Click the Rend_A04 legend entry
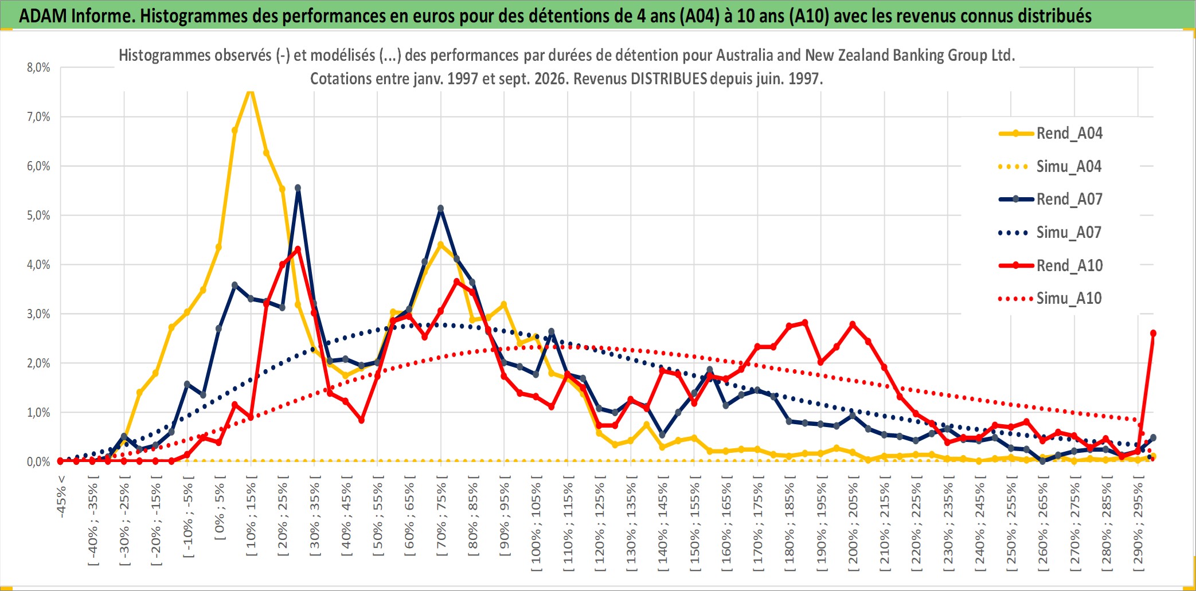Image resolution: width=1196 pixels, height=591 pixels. coord(1050,134)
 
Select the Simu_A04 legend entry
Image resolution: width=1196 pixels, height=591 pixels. coord(1050,167)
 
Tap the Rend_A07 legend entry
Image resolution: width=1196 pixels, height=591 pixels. coord(1050,199)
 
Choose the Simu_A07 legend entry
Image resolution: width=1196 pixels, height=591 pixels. coord(1050,233)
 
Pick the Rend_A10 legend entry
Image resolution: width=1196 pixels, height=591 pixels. coord(1050,265)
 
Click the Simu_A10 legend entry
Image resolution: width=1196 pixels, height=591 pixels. coord(1050,299)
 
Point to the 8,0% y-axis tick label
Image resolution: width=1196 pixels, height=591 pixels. coord(38,68)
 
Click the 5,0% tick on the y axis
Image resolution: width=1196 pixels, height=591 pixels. coord(38,216)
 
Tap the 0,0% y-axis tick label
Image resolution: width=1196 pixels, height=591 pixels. coord(38,462)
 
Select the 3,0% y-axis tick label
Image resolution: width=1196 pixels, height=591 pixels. coord(38,314)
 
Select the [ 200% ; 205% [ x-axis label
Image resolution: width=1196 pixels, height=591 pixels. coord(853,526)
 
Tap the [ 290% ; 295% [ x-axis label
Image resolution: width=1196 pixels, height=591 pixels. coord(1138,526)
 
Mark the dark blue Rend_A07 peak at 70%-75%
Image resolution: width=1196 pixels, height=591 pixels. coord(440,209)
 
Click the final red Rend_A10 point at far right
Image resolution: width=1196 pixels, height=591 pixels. coord(1153,333)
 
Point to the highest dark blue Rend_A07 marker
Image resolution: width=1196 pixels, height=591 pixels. coord(298,188)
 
